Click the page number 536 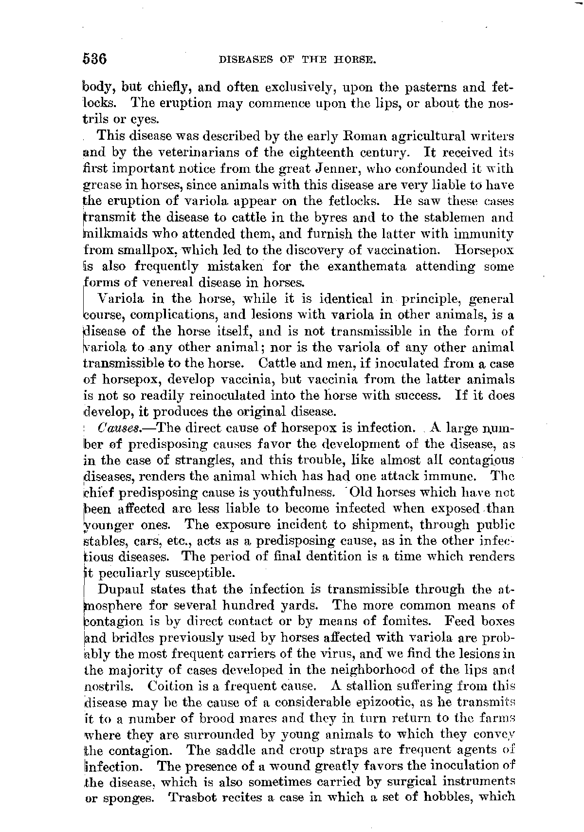pyautogui.click(x=95, y=59)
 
